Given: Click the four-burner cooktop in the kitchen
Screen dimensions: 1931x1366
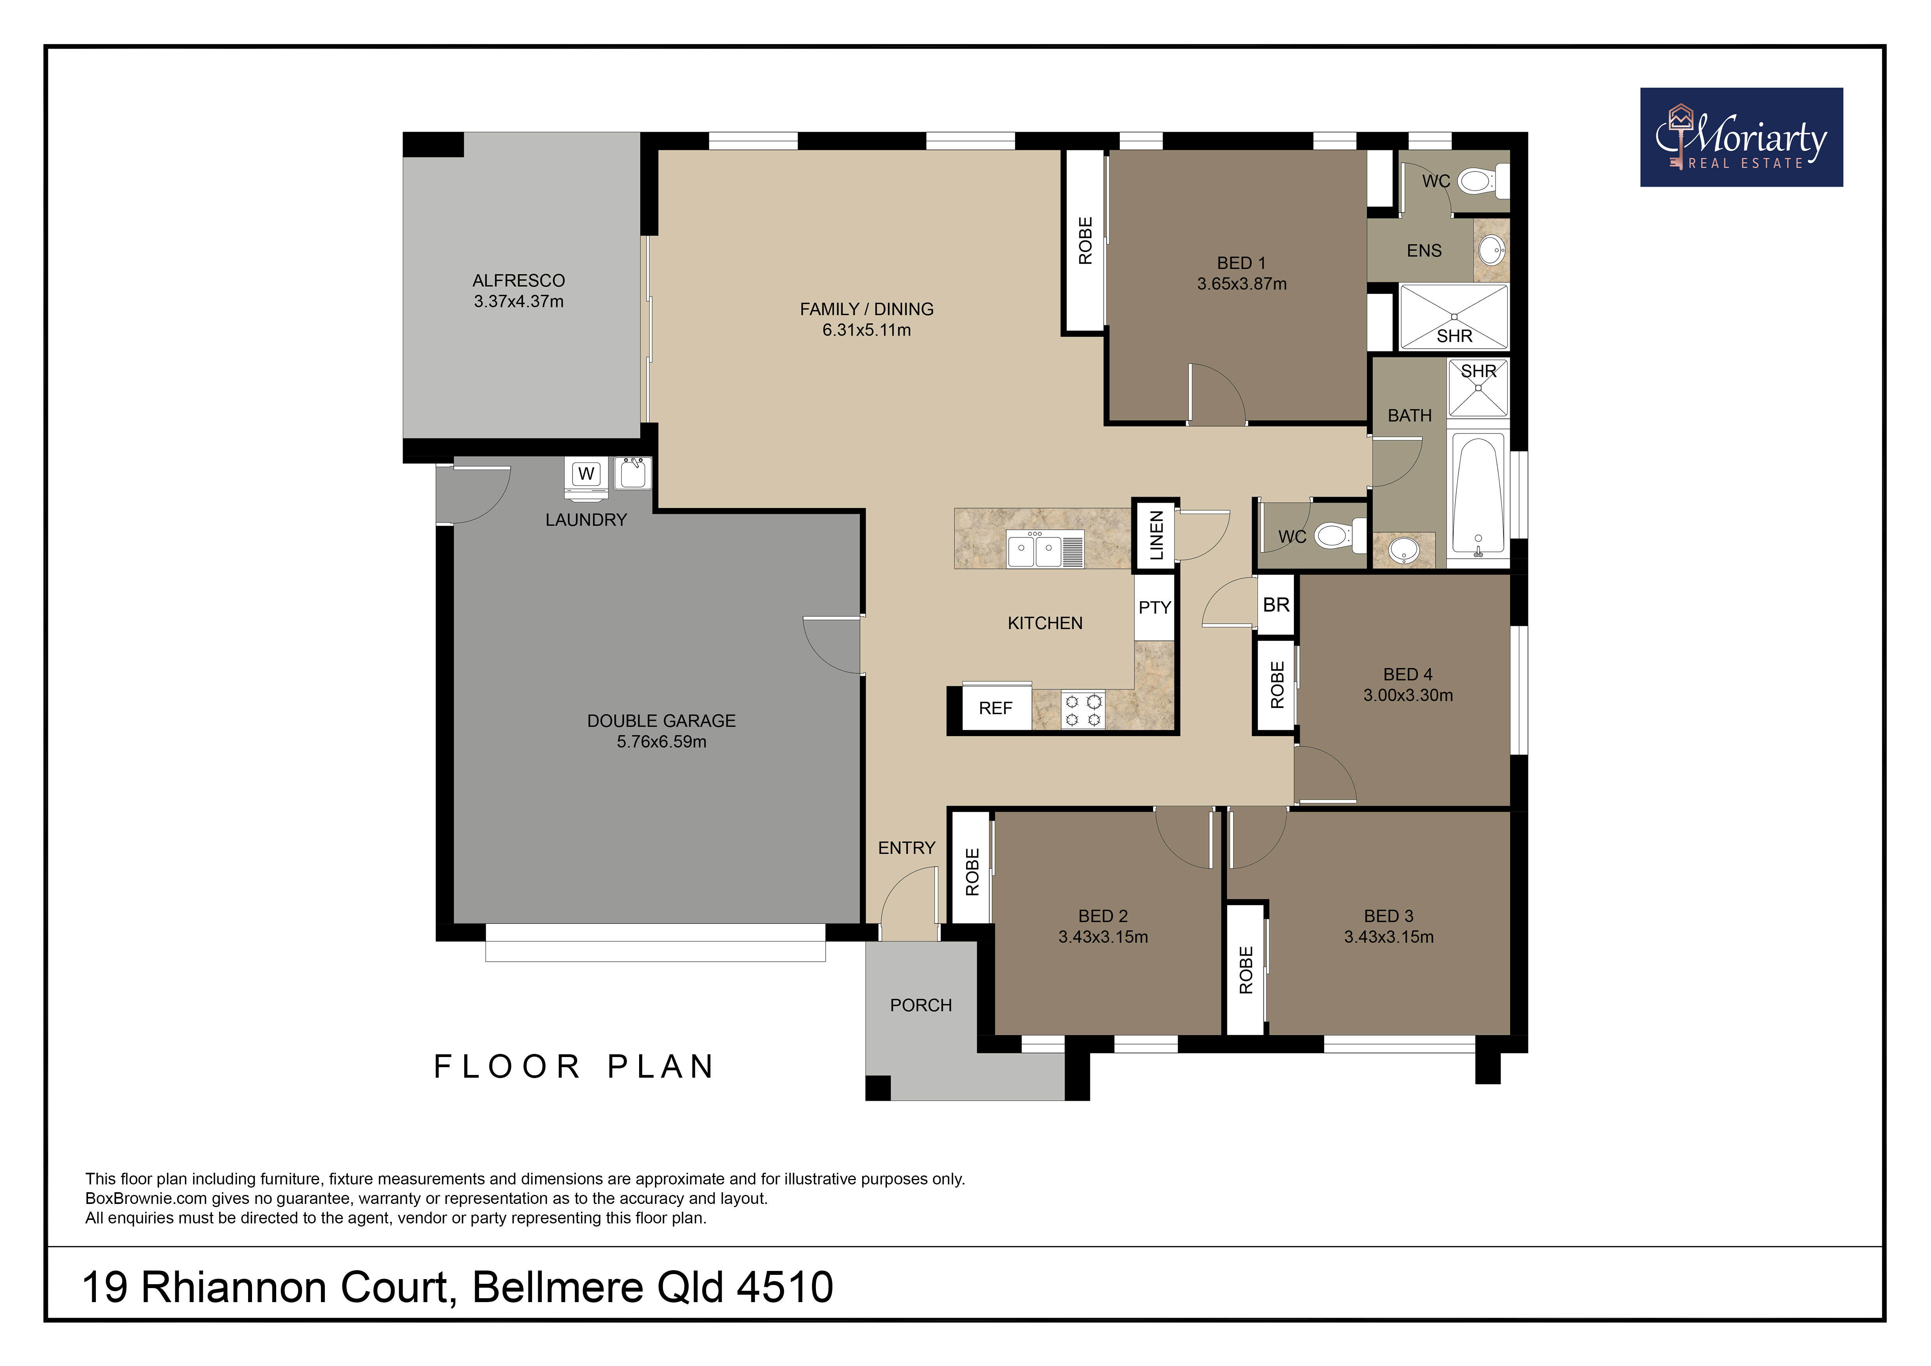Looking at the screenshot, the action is pos(1083,709).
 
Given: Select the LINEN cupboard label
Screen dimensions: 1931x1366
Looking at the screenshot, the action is pos(1156,535).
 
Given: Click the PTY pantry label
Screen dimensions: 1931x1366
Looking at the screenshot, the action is pos(1155,607).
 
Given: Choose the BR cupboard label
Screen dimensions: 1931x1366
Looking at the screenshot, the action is pos(1276,605).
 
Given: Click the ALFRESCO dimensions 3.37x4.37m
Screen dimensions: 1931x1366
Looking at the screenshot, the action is pos(519,301).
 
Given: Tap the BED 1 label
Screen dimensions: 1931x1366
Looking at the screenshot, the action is pos(1241,263).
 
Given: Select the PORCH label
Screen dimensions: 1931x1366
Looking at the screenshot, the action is pos(921,1005).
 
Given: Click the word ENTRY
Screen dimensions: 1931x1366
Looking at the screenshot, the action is pos(907,848).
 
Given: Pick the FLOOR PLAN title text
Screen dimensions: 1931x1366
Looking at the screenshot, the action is pos(574,1066).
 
